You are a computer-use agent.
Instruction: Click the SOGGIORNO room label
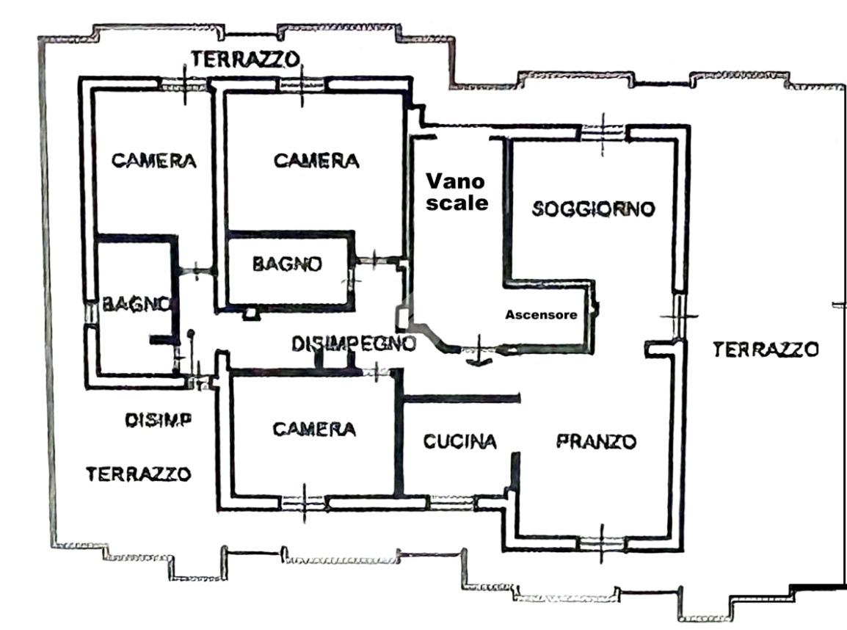pos(593,209)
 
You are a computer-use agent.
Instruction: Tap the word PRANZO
pos(597,441)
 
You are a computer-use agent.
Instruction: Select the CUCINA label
pos(459,441)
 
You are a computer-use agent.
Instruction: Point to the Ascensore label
pos(541,314)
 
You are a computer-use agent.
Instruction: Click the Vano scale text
pos(457,192)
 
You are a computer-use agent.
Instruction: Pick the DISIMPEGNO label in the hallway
pos(354,343)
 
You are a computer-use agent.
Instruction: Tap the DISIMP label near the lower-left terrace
pos(159,420)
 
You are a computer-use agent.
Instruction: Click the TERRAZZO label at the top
pos(245,59)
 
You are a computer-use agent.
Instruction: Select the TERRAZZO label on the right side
pos(766,350)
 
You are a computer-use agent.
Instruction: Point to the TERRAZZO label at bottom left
pos(138,474)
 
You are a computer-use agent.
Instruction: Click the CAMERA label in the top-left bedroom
pos(154,161)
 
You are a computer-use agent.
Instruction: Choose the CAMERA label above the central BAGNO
pos(316,161)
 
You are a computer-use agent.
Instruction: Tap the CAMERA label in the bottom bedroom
pos(314,429)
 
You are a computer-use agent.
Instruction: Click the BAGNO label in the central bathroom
pos(288,264)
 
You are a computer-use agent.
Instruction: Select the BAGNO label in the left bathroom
pos(137,304)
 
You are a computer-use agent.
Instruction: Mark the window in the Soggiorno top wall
pos(603,132)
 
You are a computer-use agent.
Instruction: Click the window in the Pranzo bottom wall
pos(601,543)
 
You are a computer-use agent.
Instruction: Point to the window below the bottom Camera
pos(304,503)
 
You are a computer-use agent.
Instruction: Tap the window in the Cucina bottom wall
pos(451,503)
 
